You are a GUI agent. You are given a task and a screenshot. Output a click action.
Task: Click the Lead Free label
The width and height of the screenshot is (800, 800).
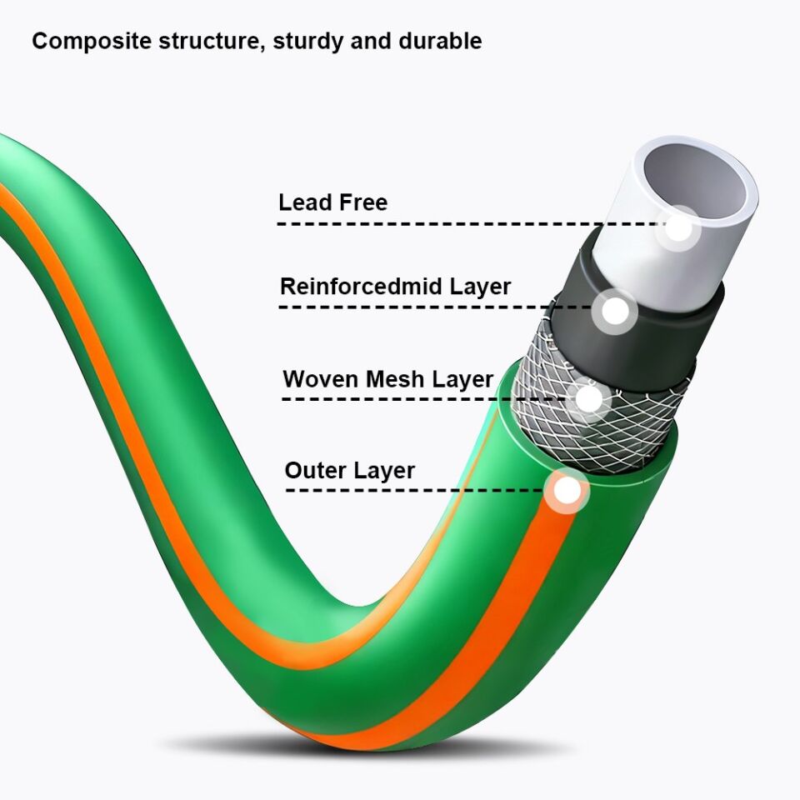[x=332, y=202]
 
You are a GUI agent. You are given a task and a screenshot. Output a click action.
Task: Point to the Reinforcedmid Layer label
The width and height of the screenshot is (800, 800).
[x=395, y=287]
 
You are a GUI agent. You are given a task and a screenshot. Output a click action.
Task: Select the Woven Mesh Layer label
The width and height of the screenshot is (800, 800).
[x=387, y=379]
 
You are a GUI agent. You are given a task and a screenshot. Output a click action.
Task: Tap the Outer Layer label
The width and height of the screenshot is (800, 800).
[x=349, y=471]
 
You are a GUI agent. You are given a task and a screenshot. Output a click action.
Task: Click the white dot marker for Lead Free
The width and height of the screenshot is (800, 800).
[x=680, y=227]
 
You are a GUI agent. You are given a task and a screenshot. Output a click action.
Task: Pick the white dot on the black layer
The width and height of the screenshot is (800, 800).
[x=615, y=312]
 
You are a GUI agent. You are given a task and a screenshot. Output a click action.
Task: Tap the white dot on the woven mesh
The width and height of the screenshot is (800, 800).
[x=588, y=399]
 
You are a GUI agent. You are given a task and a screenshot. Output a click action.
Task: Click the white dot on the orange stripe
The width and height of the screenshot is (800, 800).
[x=567, y=491]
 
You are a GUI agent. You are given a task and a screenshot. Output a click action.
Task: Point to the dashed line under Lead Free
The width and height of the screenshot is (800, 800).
[x=467, y=224]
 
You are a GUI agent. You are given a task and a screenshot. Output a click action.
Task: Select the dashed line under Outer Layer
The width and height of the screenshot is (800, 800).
[x=417, y=490]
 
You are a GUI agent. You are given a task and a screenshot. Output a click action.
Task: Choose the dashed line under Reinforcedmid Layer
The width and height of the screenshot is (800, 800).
[x=433, y=307]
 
